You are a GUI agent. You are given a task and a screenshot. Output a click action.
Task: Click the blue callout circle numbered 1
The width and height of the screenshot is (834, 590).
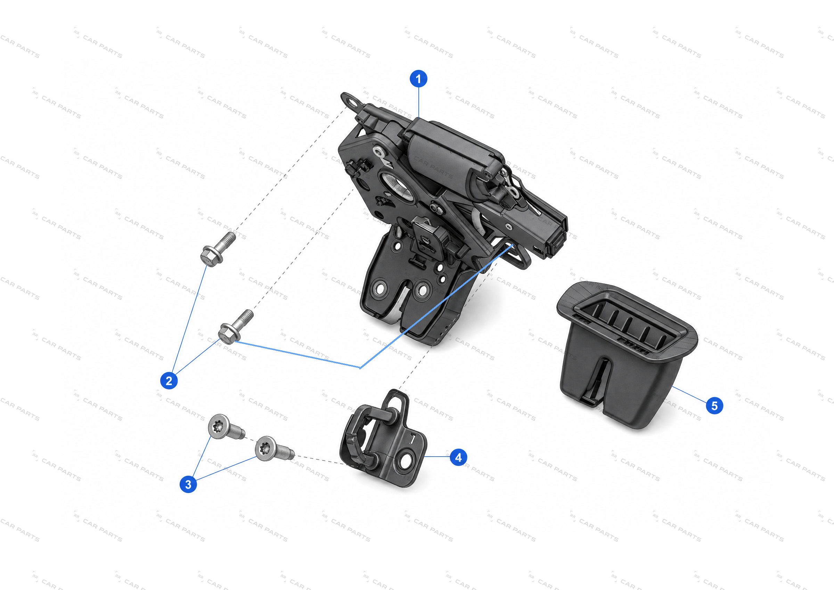click(418, 79)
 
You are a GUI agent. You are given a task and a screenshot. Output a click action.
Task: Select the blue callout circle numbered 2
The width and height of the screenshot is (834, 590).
click(169, 380)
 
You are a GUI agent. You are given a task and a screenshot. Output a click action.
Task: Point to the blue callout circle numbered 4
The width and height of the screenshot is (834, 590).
click(458, 457)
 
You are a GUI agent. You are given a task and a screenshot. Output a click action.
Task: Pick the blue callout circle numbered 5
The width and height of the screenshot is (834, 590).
click(714, 405)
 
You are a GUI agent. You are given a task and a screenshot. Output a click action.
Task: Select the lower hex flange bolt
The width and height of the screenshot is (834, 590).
click(235, 326)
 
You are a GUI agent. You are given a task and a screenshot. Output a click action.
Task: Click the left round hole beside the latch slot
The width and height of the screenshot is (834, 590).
click(379, 289)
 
